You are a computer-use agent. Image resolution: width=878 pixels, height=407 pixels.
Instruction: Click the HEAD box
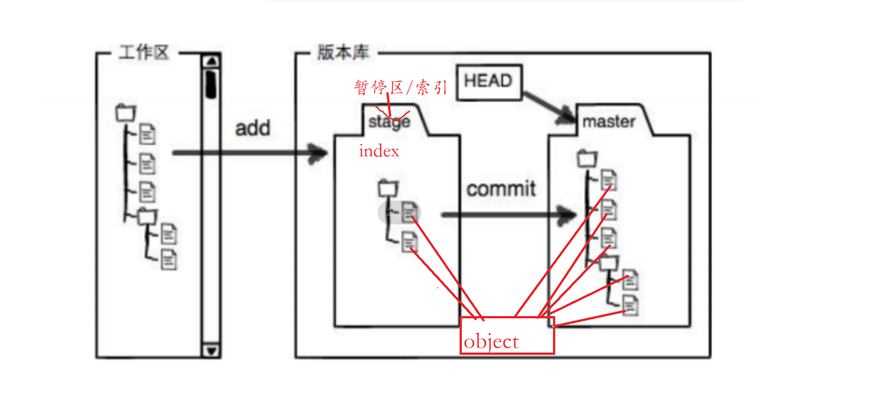pyautogui.click(x=489, y=83)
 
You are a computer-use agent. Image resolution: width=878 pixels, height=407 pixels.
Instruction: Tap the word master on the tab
pyautogui.click(x=609, y=122)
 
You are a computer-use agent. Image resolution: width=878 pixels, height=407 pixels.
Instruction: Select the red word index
pyautogui.click(x=379, y=151)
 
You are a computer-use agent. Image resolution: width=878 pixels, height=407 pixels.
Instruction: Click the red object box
pyautogui.click(x=507, y=335)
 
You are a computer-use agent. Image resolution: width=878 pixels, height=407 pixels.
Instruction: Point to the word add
pyautogui.click(x=253, y=128)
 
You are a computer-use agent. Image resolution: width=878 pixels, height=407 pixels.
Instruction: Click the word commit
pyautogui.click(x=501, y=189)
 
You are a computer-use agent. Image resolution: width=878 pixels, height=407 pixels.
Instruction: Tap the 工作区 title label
pyautogui.click(x=144, y=52)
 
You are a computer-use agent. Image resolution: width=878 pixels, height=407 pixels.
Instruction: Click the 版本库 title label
pyautogui.click(x=343, y=52)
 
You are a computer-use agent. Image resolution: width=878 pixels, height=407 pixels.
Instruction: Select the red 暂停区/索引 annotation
pyautogui.click(x=400, y=87)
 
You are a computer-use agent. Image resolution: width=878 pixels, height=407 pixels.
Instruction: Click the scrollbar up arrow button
pyautogui.click(x=211, y=61)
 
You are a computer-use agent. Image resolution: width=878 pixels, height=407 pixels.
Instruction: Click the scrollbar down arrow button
pyautogui.click(x=211, y=351)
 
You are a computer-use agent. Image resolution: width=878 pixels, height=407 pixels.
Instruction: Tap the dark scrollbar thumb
pyautogui.click(x=211, y=84)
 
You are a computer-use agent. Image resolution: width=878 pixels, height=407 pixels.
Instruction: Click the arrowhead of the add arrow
pyautogui.click(x=318, y=153)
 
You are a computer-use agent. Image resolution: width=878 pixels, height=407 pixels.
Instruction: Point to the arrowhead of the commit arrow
pyautogui.click(x=567, y=215)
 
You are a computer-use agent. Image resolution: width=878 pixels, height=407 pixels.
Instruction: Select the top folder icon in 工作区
pyautogui.click(x=126, y=113)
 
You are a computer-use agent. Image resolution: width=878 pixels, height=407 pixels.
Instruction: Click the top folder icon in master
pyautogui.click(x=587, y=158)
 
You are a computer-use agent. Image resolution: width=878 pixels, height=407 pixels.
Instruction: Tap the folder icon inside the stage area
pyautogui.click(x=388, y=188)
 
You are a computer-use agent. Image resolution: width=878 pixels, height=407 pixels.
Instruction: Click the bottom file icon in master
pyautogui.click(x=630, y=306)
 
